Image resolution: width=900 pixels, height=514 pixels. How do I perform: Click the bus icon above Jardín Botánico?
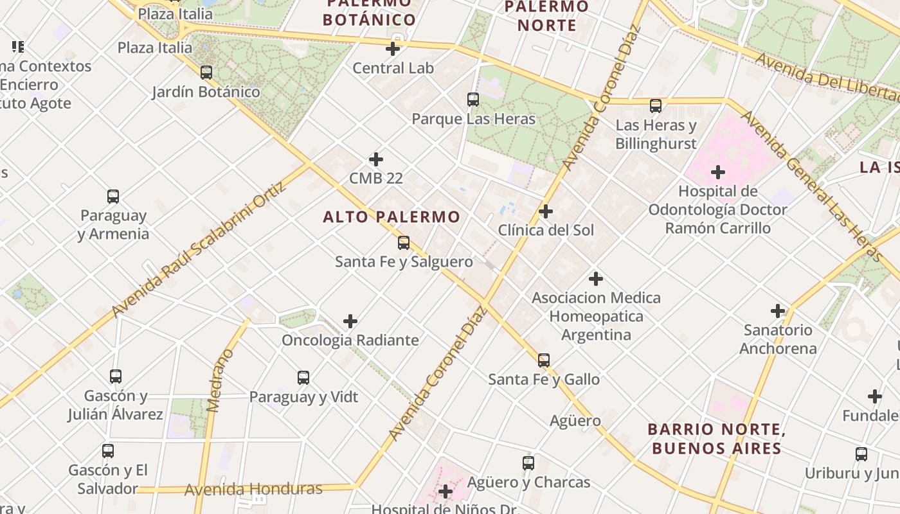click(x=206, y=73)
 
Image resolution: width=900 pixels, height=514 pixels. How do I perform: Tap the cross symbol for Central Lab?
click(x=393, y=49)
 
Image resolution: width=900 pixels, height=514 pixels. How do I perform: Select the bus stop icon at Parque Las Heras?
click(x=473, y=100)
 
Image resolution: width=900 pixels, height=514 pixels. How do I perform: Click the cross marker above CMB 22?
click(x=376, y=159)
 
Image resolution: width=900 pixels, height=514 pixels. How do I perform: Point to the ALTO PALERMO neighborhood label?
click(x=392, y=217)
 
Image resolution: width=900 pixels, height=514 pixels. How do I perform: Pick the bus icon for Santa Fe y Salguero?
click(x=404, y=243)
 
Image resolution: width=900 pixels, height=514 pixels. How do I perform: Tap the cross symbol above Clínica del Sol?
click(x=546, y=211)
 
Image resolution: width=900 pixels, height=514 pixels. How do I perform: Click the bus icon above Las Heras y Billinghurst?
click(x=656, y=106)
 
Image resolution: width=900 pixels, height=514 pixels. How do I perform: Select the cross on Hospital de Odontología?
click(x=718, y=172)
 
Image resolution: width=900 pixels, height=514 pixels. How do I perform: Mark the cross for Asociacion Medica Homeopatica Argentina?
click(x=596, y=279)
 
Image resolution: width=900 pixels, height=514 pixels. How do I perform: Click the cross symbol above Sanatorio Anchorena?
click(x=778, y=312)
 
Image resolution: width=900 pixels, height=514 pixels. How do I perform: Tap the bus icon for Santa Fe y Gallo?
click(x=544, y=360)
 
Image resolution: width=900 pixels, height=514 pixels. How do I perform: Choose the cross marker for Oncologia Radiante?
click(x=350, y=321)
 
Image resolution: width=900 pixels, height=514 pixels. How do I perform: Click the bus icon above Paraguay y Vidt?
click(x=303, y=378)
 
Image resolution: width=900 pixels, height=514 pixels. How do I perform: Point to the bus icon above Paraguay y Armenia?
click(x=113, y=197)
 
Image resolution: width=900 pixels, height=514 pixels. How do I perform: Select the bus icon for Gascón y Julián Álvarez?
click(x=116, y=377)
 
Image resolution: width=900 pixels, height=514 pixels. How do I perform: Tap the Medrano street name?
click(x=221, y=380)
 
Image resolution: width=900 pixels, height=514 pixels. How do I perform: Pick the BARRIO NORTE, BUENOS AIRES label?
click(x=717, y=438)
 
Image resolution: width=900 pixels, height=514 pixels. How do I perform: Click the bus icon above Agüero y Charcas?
click(x=528, y=463)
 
